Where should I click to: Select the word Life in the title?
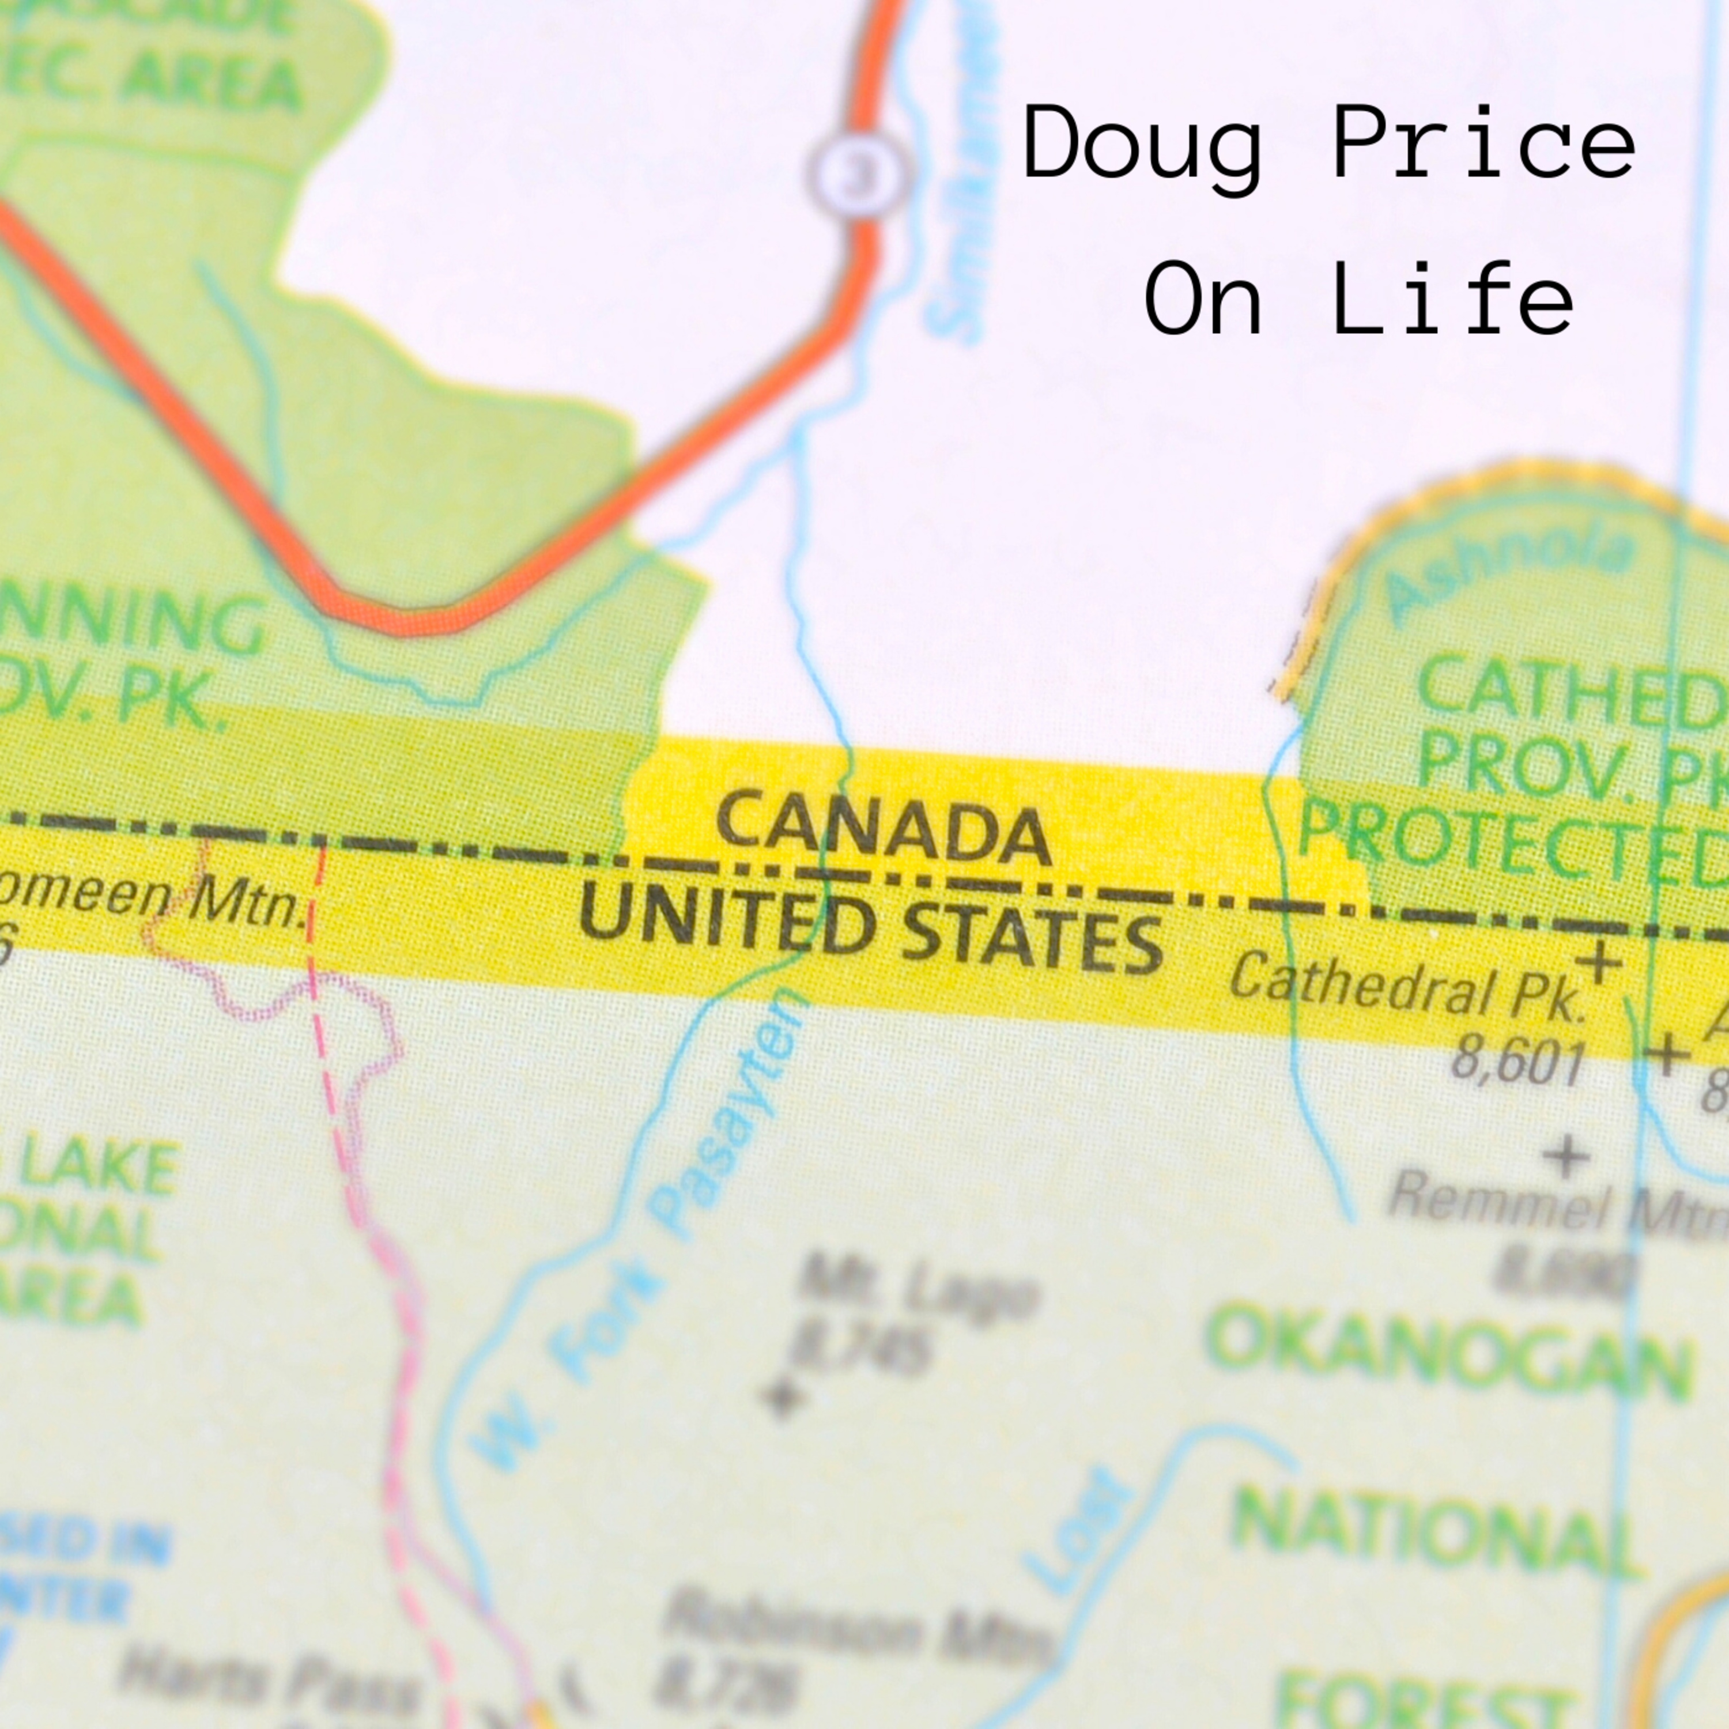click(x=1452, y=300)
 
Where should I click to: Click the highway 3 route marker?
click(x=860, y=175)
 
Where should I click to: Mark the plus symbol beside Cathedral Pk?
click(x=1598, y=964)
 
